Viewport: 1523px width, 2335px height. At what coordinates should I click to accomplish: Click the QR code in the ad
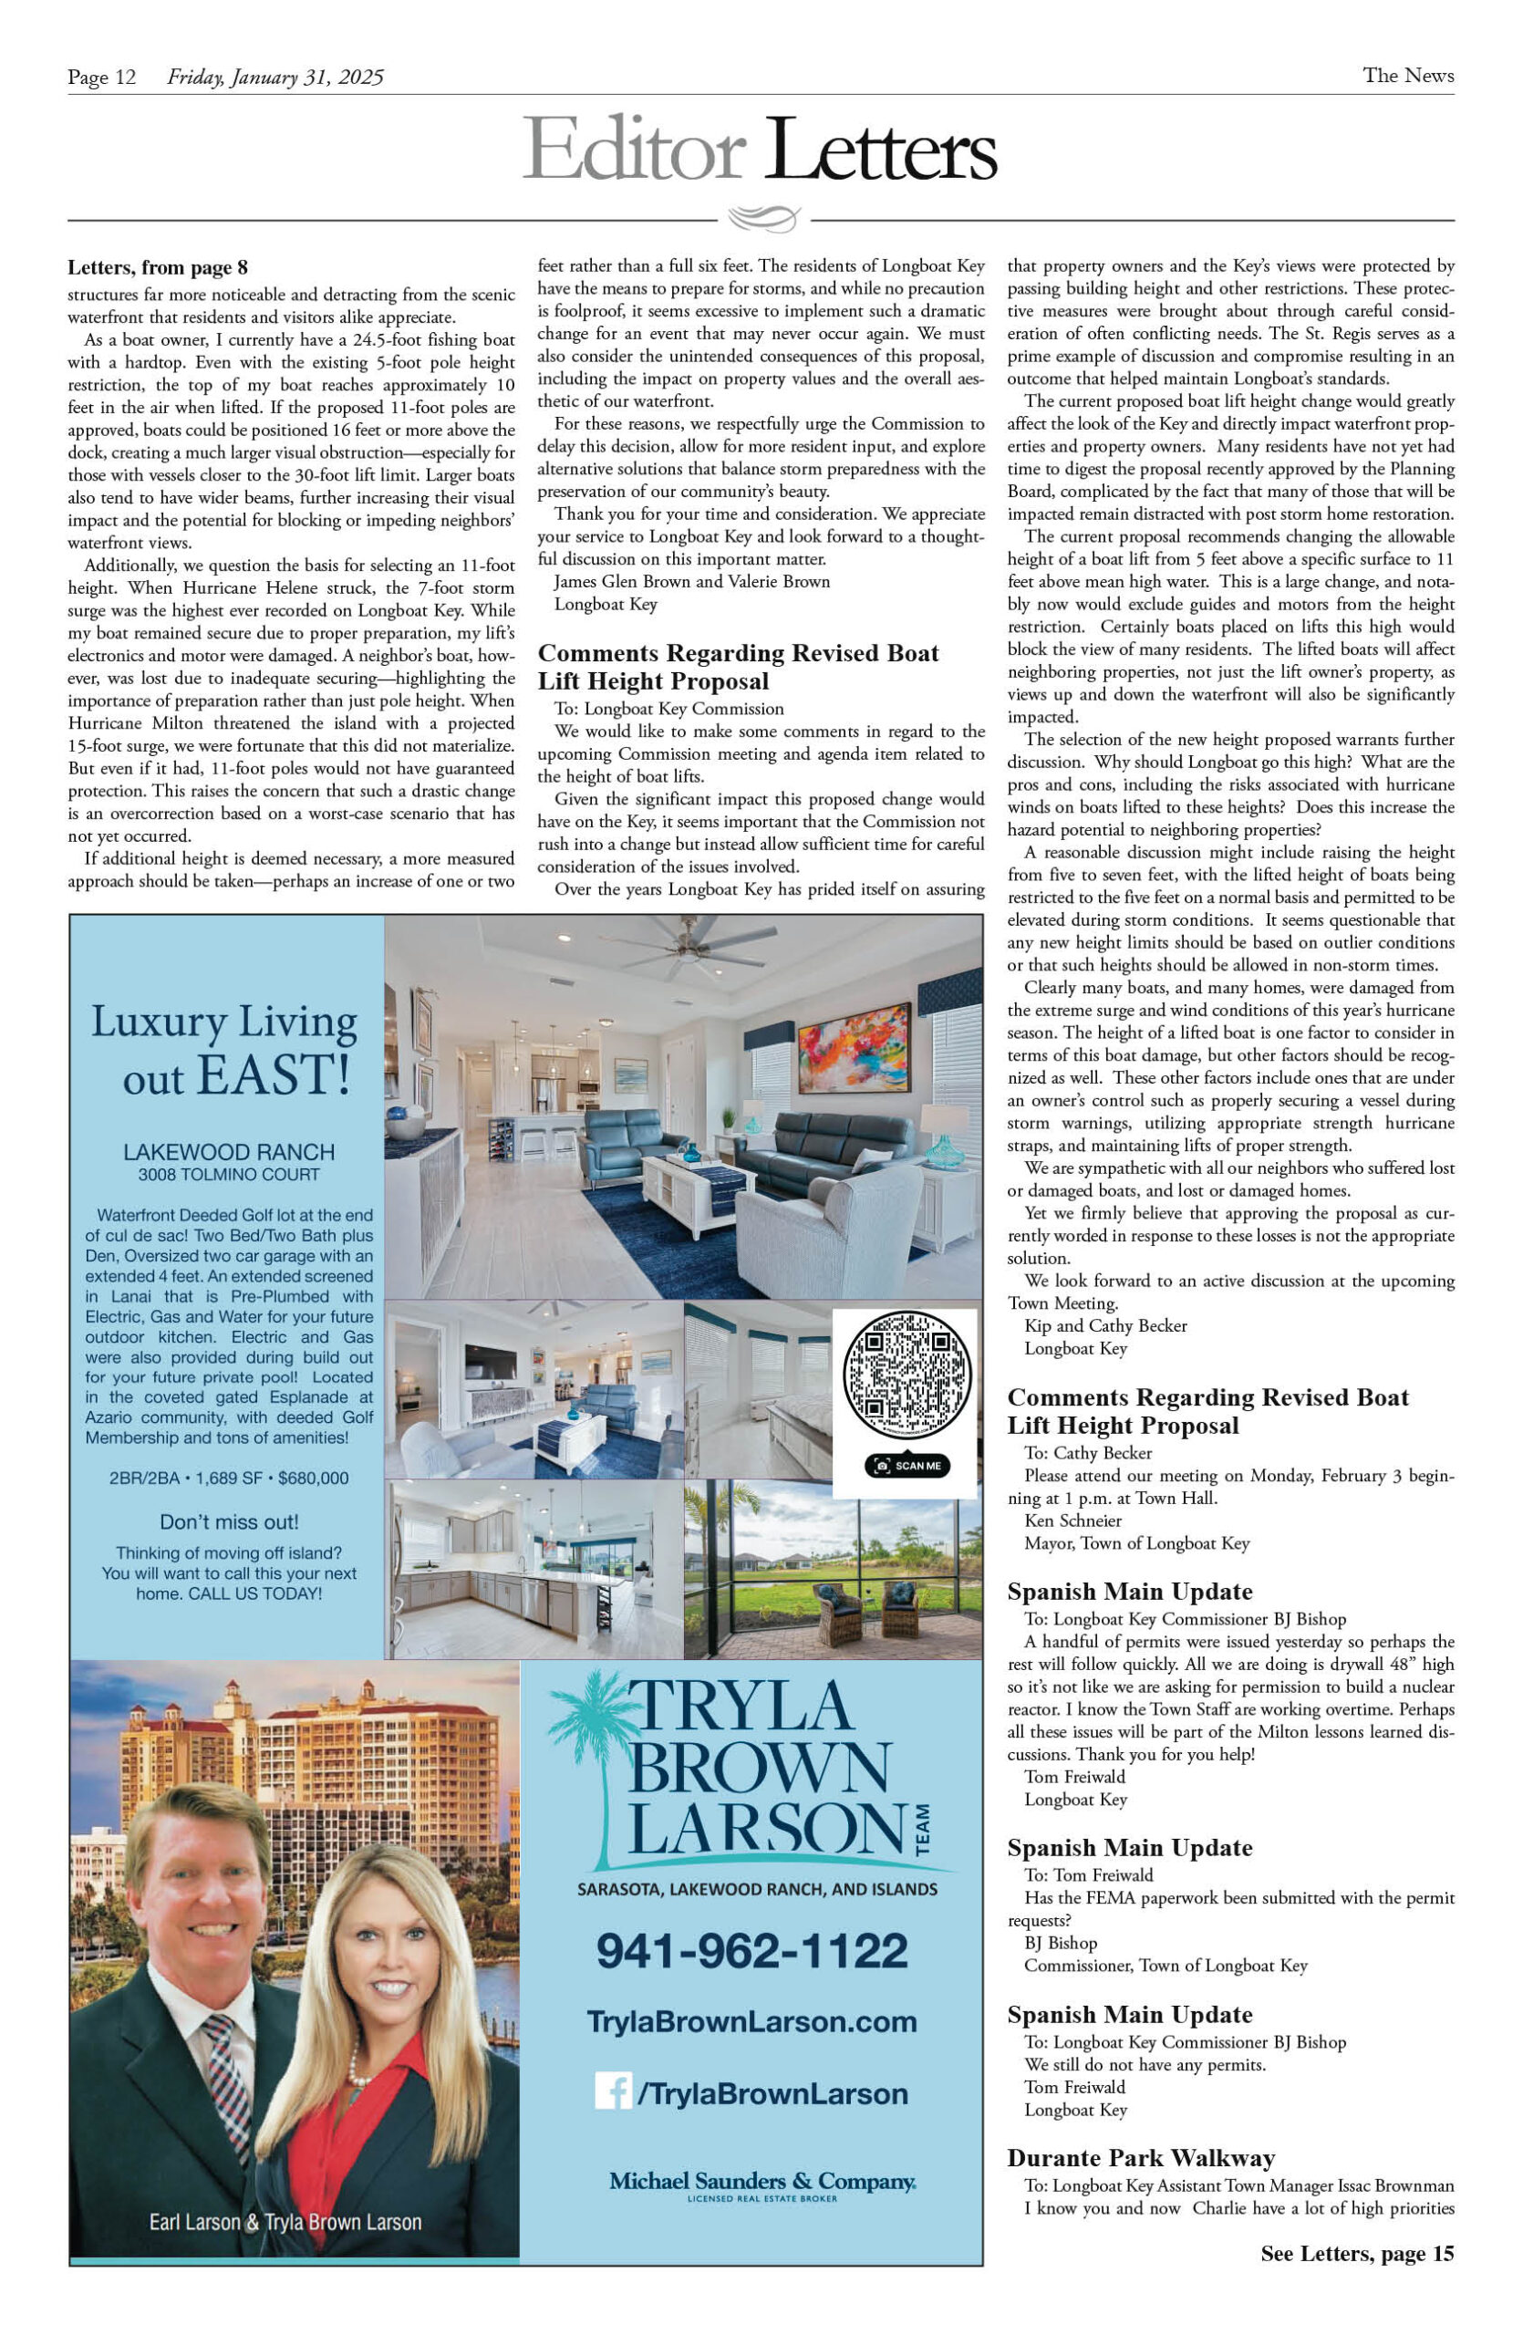coord(907,1375)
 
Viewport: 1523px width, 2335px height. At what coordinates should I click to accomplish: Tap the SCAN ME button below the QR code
coord(907,1466)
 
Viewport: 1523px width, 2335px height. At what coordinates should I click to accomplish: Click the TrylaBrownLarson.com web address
coord(752,2022)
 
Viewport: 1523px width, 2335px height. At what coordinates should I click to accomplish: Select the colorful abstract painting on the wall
coord(854,1048)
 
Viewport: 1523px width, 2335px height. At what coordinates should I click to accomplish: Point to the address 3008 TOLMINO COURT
coord(229,1175)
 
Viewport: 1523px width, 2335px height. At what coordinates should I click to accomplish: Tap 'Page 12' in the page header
coord(101,78)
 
